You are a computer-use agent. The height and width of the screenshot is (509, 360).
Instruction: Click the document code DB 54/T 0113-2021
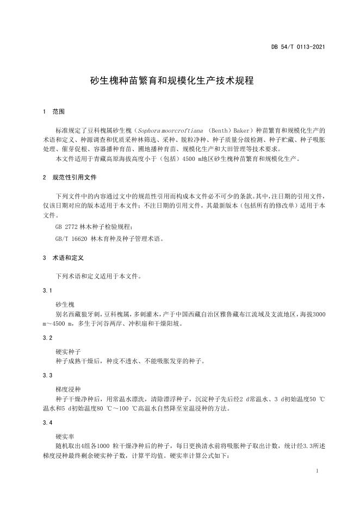(298, 47)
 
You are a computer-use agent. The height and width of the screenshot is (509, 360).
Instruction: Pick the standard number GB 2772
(66, 226)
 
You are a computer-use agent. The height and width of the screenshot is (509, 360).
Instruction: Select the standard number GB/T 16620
(70, 238)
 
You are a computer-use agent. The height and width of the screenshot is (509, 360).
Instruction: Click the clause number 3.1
(47, 290)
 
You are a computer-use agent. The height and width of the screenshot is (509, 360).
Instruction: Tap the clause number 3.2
(47, 338)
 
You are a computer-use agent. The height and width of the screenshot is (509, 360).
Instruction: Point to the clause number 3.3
(47, 376)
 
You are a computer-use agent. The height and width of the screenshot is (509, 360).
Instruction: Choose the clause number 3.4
(47, 423)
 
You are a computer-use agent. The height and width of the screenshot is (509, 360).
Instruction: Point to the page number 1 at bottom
(316, 471)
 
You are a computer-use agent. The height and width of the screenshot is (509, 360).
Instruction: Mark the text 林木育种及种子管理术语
(127, 238)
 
